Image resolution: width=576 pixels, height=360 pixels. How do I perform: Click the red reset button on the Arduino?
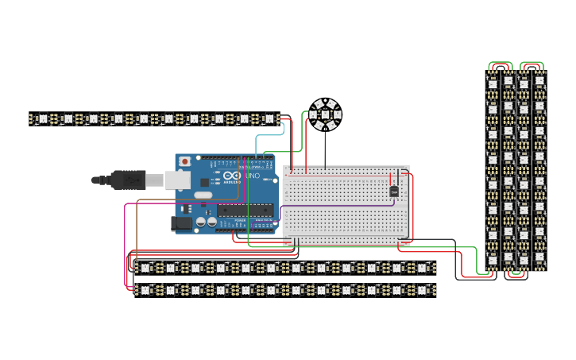coord(185,161)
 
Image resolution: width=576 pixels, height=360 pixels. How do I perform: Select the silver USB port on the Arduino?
coord(176,180)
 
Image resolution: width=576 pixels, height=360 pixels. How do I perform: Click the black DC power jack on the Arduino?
coord(183,225)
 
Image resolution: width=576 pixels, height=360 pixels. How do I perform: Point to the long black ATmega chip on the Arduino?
coord(245,211)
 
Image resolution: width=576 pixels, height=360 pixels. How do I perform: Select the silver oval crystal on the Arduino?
coord(203,195)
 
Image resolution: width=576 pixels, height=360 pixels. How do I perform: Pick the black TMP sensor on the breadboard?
coord(394,191)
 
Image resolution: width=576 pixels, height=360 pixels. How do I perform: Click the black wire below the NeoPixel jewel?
coord(325,147)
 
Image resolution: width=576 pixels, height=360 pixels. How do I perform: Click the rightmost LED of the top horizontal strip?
coord(269,119)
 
